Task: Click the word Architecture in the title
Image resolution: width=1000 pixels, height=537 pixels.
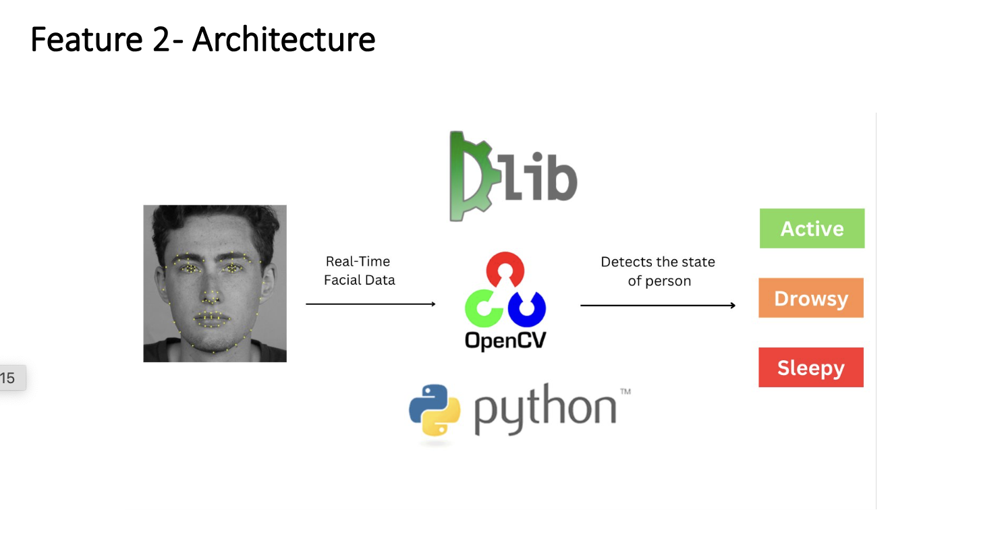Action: [283, 39]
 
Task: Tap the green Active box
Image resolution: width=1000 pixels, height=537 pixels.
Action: [812, 229]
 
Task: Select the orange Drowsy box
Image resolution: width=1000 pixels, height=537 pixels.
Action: [810, 298]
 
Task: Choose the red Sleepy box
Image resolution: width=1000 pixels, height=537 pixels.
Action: [810, 368]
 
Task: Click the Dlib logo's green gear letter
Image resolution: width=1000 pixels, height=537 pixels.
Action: [470, 177]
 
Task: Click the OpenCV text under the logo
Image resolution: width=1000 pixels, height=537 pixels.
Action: [505, 341]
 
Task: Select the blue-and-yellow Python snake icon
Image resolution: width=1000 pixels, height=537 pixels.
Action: [435, 410]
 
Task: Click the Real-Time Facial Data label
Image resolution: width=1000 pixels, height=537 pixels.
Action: [359, 271]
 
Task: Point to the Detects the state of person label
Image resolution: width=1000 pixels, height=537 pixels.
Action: [658, 271]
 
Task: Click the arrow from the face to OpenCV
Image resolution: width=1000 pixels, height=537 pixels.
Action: [370, 304]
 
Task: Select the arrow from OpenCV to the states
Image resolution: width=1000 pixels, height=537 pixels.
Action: [658, 306]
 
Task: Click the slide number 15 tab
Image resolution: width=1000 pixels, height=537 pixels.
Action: [9, 378]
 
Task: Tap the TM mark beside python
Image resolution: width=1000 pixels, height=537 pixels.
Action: [625, 392]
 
